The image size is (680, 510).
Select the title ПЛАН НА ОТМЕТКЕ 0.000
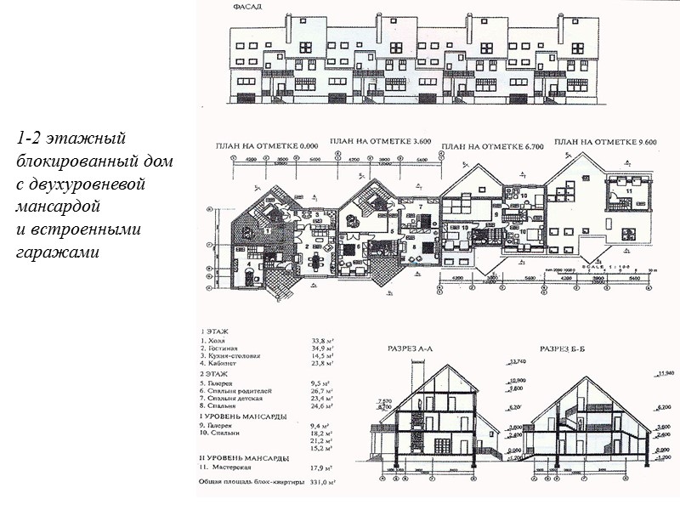coord(255,148)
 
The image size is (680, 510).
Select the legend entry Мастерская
coord(228,467)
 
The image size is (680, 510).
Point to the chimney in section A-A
coord(412,374)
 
